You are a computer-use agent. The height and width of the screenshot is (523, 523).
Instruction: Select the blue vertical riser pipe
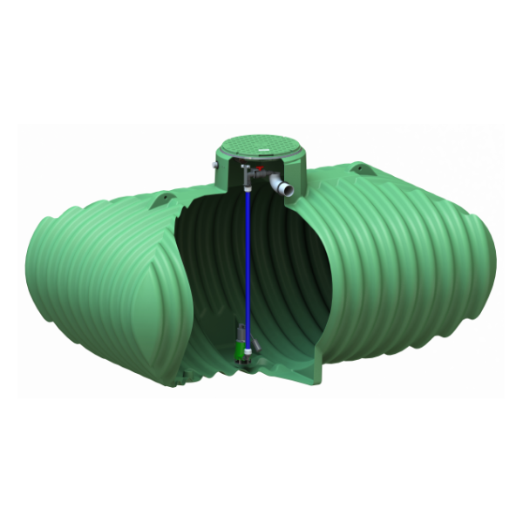(x=248, y=261)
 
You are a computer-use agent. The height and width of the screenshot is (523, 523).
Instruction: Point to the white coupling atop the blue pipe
(x=247, y=186)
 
